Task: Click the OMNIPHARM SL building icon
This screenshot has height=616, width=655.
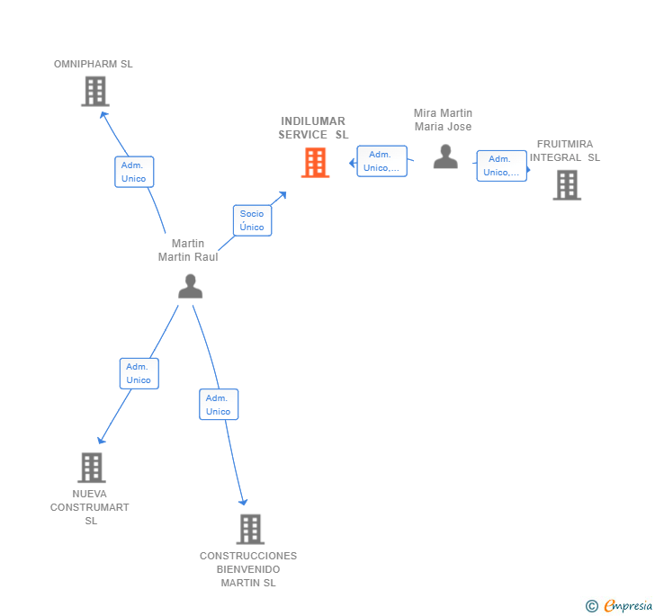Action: (x=94, y=92)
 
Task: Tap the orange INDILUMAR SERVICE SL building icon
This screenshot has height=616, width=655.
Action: (x=315, y=163)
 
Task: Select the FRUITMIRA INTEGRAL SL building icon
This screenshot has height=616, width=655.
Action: (x=566, y=184)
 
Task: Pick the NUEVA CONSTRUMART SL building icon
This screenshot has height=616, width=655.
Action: (x=91, y=468)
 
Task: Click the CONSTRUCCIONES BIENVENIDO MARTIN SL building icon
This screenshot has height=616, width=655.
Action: (x=250, y=529)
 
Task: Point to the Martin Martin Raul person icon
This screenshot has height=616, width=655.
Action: (x=190, y=286)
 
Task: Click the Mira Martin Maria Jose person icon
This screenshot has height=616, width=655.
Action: (x=445, y=156)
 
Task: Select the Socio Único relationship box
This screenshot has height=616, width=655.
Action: (x=252, y=220)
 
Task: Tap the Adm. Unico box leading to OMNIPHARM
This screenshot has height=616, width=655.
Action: (x=134, y=172)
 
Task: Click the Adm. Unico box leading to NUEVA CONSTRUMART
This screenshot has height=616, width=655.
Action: (x=139, y=373)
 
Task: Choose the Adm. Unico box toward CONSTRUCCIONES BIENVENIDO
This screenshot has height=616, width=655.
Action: (x=219, y=405)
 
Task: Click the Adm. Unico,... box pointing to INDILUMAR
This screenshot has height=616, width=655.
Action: (x=381, y=161)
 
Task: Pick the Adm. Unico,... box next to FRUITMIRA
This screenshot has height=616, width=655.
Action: (x=501, y=165)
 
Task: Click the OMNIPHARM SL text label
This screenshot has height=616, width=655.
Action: (x=94, y=64)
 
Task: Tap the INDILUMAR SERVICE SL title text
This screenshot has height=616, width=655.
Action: (x=313, y=128)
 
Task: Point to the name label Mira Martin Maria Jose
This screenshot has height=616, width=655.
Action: (x=443, y=120)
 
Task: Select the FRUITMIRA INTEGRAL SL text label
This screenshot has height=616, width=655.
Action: (x=565, y=150)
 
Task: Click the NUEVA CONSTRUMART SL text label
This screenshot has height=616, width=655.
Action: (x=90, y=507)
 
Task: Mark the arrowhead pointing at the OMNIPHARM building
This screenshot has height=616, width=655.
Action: (x=103, y=114)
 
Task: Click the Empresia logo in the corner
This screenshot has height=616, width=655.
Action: (x=619, y=606)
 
